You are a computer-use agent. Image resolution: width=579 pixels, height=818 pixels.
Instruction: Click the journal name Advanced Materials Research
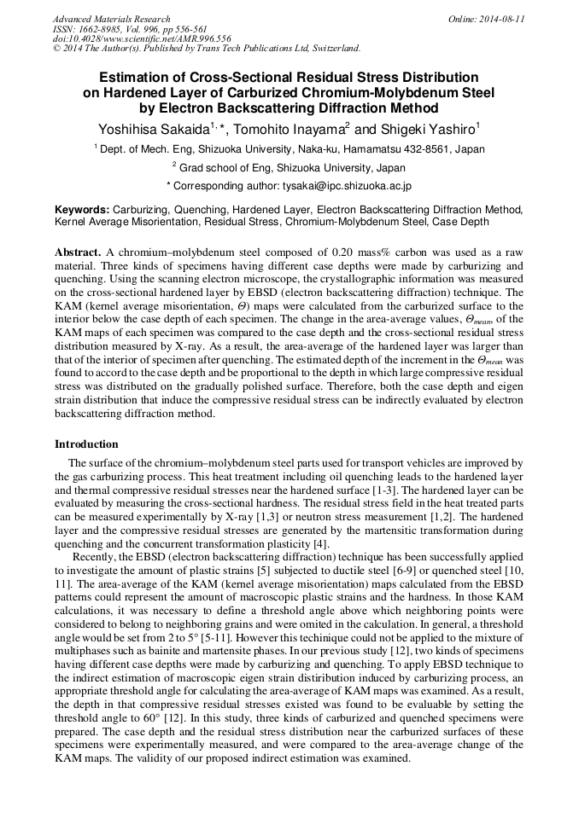[111, 19]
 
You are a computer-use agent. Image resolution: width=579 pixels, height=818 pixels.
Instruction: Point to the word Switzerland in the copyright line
[330, 49]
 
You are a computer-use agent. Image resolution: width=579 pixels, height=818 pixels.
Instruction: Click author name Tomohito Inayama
[289, 129]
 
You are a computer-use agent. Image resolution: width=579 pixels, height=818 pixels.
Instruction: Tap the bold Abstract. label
[78, 254]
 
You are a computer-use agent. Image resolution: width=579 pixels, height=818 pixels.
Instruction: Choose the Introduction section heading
[86, 444]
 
